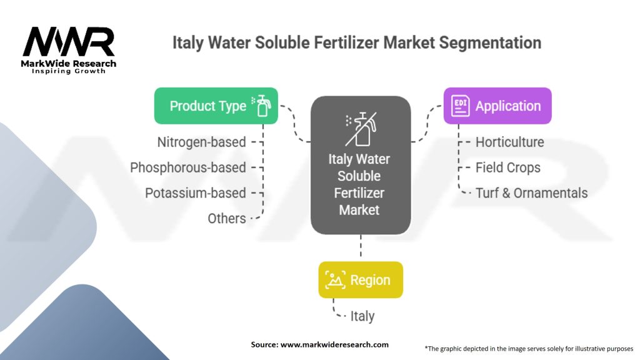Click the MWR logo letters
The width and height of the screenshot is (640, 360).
(68, 41)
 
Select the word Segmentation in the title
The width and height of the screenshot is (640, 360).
(490, 42)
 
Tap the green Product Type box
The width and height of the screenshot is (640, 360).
(216, 106)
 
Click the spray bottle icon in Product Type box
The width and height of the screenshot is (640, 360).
(262, 106)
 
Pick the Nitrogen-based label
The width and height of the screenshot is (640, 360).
(202, 142)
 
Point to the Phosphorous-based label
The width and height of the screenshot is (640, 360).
(188, 167)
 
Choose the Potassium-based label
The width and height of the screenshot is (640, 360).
(196, 192)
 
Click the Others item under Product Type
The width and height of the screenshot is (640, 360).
(227, 218)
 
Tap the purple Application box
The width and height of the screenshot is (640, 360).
(497, 106)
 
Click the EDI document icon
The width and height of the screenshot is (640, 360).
(460, 106)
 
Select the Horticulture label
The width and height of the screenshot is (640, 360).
(510, 142)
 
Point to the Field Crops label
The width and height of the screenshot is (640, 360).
(507, 167)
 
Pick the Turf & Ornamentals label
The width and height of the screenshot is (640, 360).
(531, 192)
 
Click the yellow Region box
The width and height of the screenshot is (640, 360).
(361, 279)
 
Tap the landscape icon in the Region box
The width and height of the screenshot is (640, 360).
(335, 279)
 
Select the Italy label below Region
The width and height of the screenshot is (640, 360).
(362, 316)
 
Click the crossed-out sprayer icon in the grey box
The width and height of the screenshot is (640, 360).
(361, 129)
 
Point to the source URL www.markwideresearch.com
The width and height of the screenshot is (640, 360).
(334, 344)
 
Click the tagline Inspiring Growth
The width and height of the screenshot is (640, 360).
(69, 71)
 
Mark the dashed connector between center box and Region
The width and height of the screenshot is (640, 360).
(361, 246)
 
